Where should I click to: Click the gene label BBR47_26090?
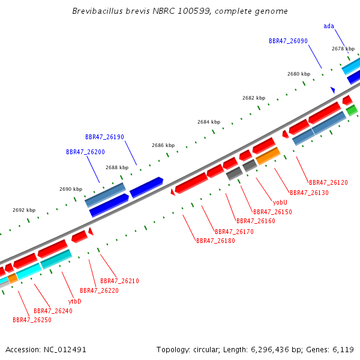pyautogui.click(x=288, y=41)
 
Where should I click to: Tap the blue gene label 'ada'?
pyautogui.click(x=329, y=26)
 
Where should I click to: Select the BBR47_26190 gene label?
pyautogui.click(x=104, y=137)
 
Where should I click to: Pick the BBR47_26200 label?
pyautogui.click(x=85, y=152)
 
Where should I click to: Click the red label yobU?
pyautogui.click(x=280, y=202)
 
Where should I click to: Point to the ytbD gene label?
pyautogui.click(x=75, y=301)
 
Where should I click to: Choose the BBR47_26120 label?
pyautogui.click(x=328, y=182)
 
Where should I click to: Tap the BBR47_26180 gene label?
pyautogui.click(x=215, y=241)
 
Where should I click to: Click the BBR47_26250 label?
pyautogui.click(x=32, y=320)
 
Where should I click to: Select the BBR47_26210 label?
pyautogui.click(x=119, y=281)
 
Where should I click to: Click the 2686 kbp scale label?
pyautogui.click(x=163, y=145)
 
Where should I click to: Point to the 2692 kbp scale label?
pyautogui.click(x=24, y=210)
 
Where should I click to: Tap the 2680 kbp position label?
pyautogui.click(x=299, y=74)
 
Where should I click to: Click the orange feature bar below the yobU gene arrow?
pyautogui.click(x=268, y=156)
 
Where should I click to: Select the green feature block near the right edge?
pyautogui.click(x=352, y=110)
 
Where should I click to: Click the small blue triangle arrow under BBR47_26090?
pyautogui.click(x=333, y=90)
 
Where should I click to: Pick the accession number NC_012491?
pyautogui.click(x=65, y=350)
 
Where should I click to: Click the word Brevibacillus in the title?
pyautogui.click(x=98, y=11)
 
